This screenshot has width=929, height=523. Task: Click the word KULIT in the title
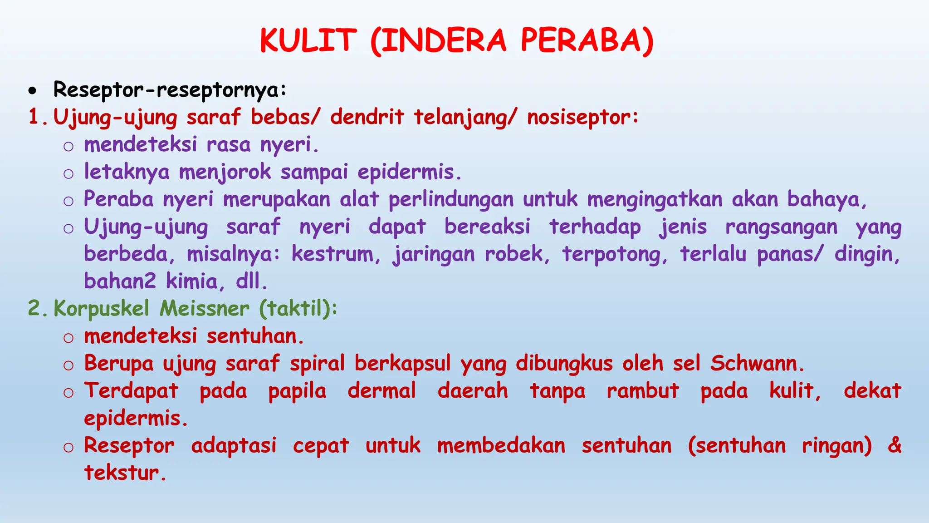click(308, 40)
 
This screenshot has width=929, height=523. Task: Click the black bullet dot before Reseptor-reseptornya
click(32, 91)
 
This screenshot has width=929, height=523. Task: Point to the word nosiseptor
click(582, 117)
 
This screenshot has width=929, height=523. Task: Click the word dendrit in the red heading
click(367, 117)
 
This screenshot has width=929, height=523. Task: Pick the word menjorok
click(225, 173)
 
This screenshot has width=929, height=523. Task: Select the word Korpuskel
click(101, 309)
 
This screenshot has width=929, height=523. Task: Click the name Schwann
click(757, 364)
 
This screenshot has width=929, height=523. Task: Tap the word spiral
click(318, 364)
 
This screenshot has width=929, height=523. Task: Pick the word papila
click(297, 391)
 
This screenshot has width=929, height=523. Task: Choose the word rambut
click(643, 391)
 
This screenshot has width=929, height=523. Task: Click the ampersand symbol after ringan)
click(894, 445)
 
